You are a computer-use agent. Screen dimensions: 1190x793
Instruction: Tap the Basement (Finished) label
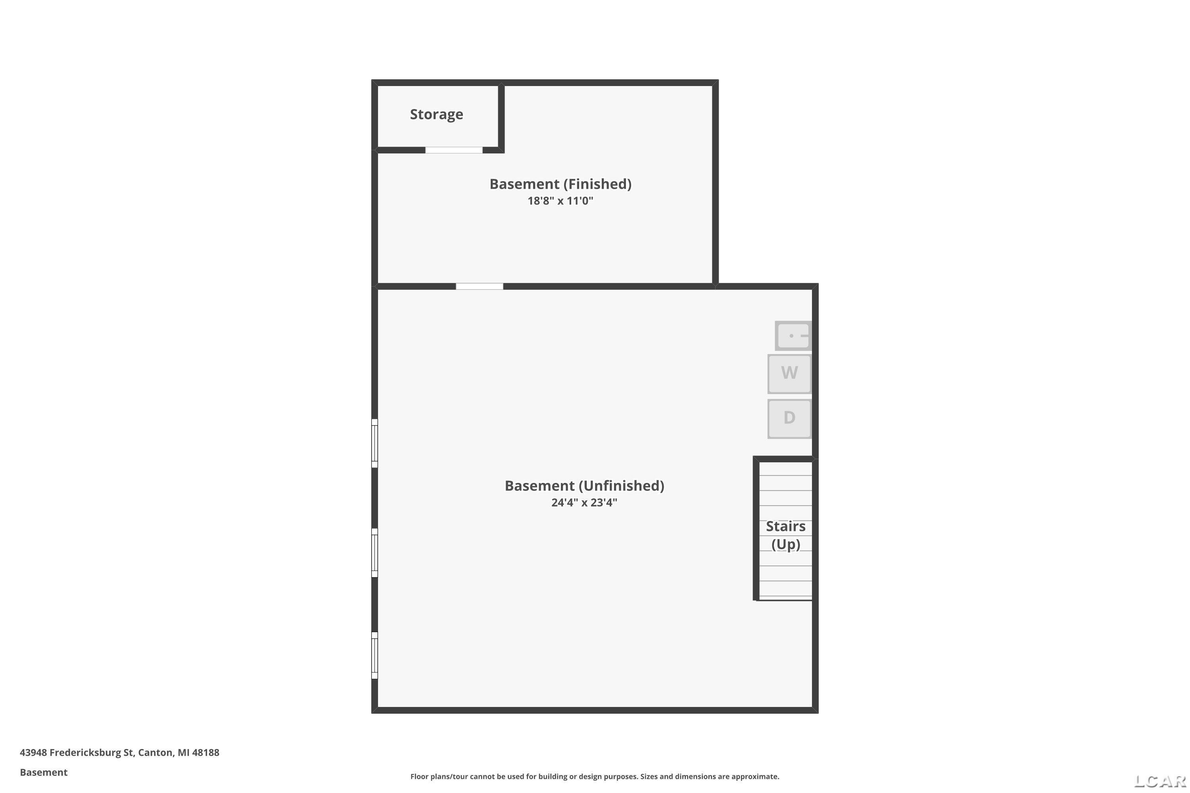560,184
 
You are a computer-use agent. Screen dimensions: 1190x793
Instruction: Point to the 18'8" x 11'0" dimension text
560,201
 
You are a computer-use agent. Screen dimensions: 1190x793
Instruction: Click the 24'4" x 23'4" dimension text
584,503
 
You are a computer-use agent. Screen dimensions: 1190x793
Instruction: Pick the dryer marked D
789,418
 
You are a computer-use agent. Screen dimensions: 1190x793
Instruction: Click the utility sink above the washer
793,336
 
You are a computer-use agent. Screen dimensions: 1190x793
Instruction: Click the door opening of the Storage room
454,150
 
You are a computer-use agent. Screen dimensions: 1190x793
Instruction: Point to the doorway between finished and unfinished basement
480,287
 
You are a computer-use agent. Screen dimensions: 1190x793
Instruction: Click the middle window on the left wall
374,553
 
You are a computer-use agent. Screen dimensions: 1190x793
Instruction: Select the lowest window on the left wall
374,655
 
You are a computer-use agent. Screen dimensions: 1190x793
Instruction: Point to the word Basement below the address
44,772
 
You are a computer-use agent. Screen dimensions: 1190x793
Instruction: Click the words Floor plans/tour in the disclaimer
439,776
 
